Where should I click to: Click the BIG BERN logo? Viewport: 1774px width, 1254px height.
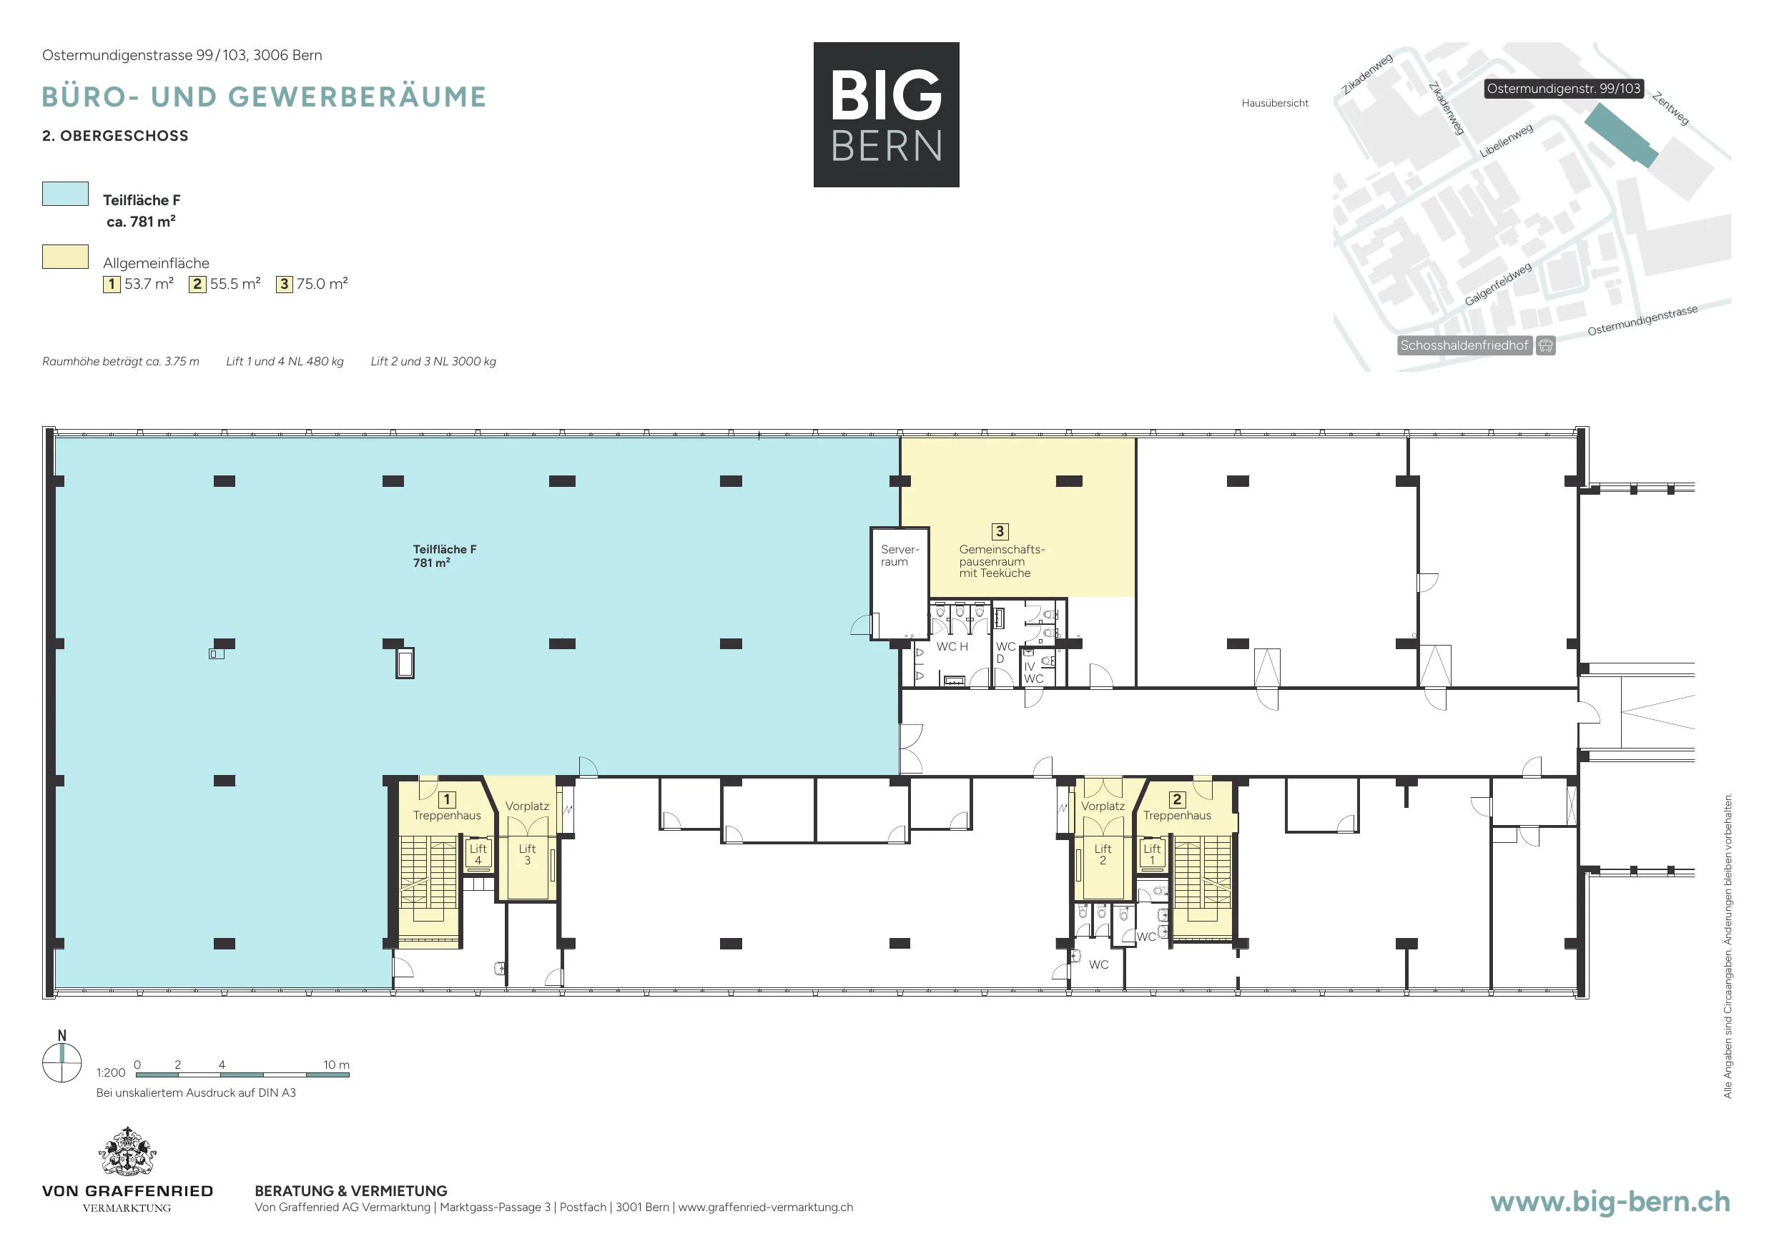[x=886, y=114]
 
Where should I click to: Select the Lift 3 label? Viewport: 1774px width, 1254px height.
[x=527, y=854]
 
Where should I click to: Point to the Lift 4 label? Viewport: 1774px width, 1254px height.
[x=478, y=854]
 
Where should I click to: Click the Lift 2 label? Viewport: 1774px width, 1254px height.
[x=1103, y=854]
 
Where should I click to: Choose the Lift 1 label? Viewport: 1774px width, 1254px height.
[x=1152, y=854]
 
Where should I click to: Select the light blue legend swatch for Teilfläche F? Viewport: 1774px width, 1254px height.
[x=65, y=194]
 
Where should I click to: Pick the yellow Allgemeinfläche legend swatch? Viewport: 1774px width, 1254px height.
[x=65, y=257]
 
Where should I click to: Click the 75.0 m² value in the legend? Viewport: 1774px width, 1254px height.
[x=322, y=284]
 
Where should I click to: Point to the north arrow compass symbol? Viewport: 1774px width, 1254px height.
[x=61, y=1062]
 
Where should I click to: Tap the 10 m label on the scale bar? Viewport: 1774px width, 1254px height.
[x=336, y=1065]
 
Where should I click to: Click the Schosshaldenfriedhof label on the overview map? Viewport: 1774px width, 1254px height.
[x=1465, y=345]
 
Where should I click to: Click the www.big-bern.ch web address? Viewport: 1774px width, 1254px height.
[x=1610, y=1202]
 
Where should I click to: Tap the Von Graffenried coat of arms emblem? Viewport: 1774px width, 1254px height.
[x=127, y=1151]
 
